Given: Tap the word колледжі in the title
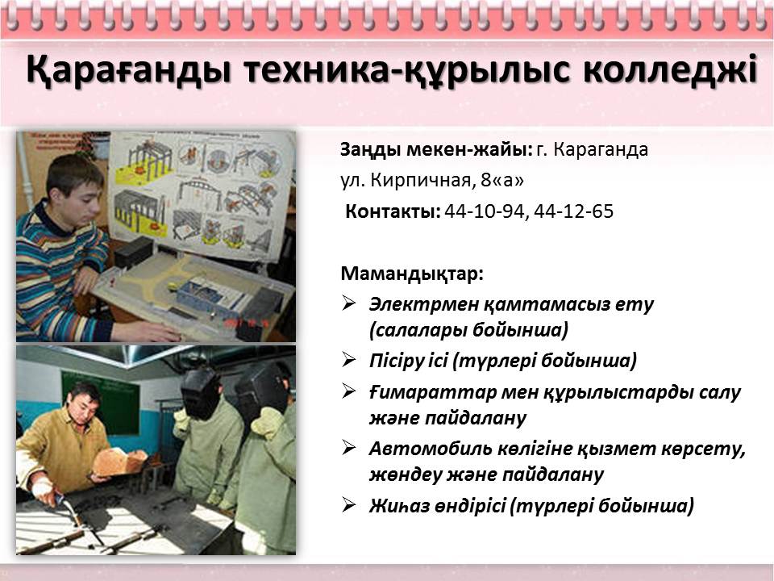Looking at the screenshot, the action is pos(670,69).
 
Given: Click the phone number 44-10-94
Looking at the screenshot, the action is pos(484,211).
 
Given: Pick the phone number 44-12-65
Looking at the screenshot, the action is pos(573,211).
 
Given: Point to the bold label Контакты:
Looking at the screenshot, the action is pos(393,211).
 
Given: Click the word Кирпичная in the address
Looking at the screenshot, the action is pos(421,181).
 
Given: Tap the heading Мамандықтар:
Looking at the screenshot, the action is pos(412,274).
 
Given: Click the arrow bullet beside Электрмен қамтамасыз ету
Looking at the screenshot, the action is pos(348,303).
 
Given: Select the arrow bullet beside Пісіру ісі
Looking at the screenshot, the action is pos(348,360).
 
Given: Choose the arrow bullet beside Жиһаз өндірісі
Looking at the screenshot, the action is pos(348,505).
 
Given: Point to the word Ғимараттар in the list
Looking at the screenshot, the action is pos(433,392).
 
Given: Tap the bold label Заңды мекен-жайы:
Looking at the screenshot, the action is pos(436,150).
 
